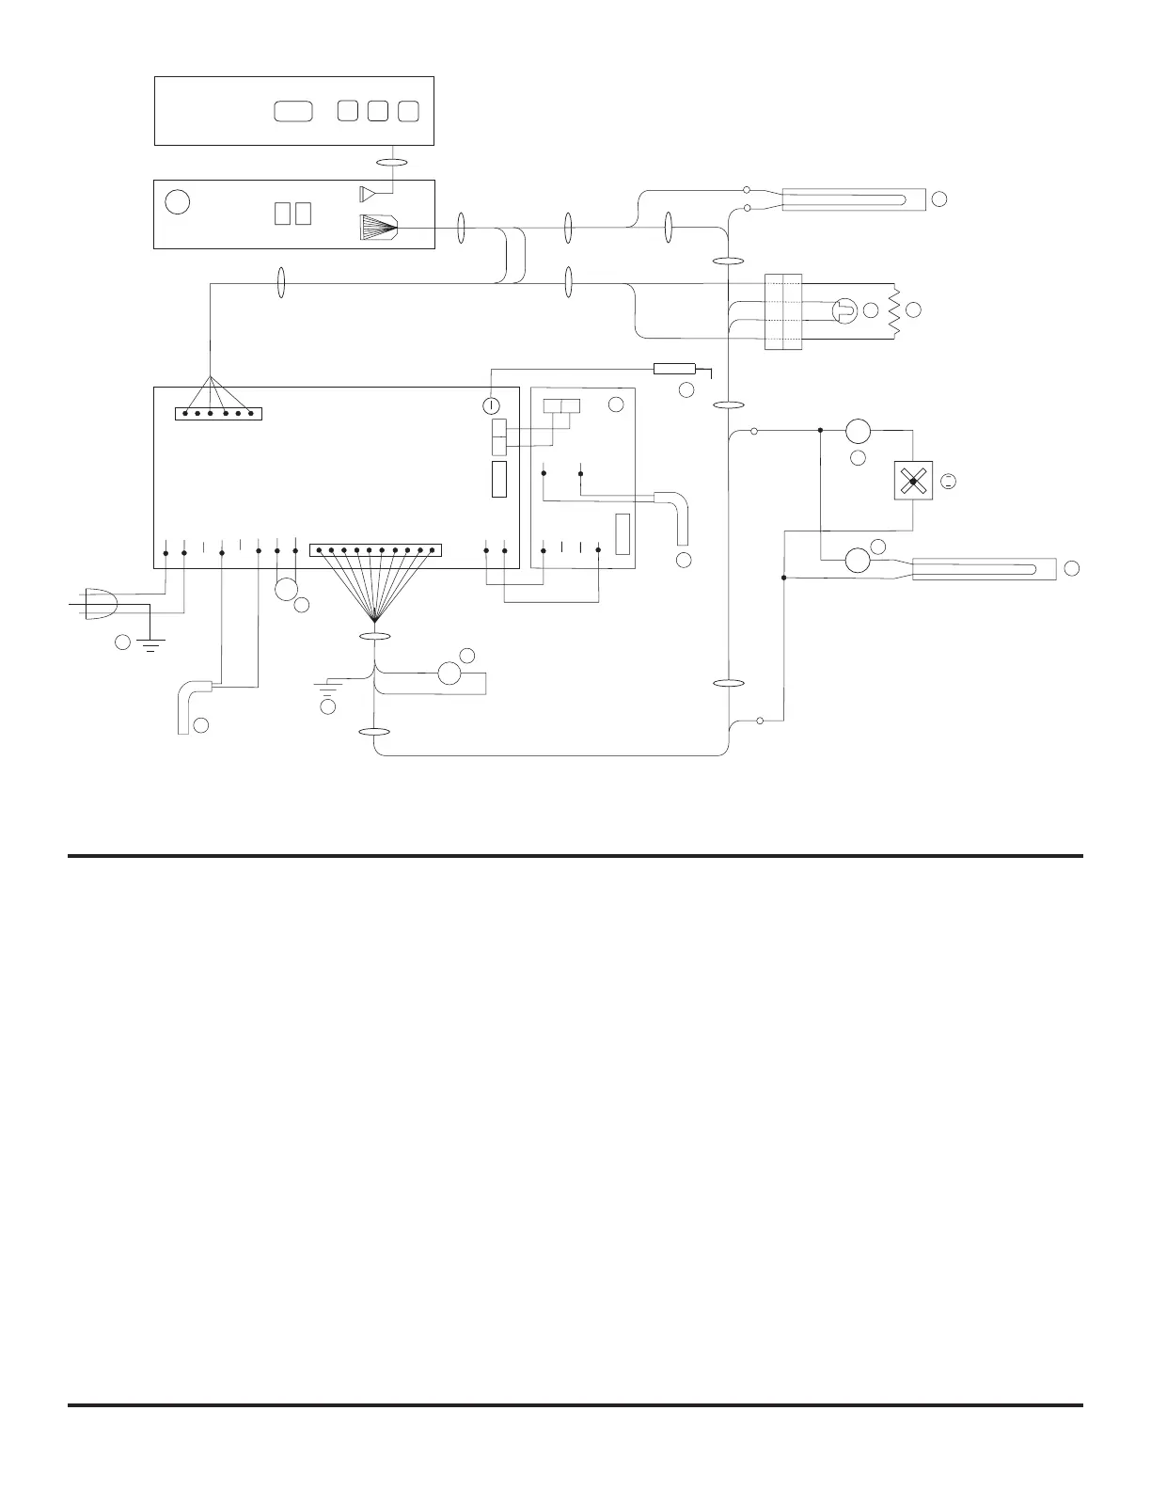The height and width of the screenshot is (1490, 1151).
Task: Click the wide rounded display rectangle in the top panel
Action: (x=292, y=111)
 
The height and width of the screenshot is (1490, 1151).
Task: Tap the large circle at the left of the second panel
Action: (x=177, y=202)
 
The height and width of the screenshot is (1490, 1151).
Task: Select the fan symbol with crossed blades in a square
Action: (x=912, y=482)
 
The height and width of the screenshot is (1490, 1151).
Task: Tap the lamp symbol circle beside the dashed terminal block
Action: (x=844, y=309)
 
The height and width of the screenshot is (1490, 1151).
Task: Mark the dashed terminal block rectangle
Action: (x=782, y=312)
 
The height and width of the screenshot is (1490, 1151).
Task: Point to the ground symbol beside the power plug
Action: (x=151, y=642)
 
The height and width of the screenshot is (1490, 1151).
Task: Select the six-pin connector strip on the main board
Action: (x=218, y=414)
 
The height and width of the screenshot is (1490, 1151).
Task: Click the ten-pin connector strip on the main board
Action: (x=375, y=549)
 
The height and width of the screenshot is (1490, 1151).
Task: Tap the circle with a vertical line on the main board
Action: (x=490, y=406)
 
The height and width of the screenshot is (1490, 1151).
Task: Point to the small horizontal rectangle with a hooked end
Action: (x=676, y=368)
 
